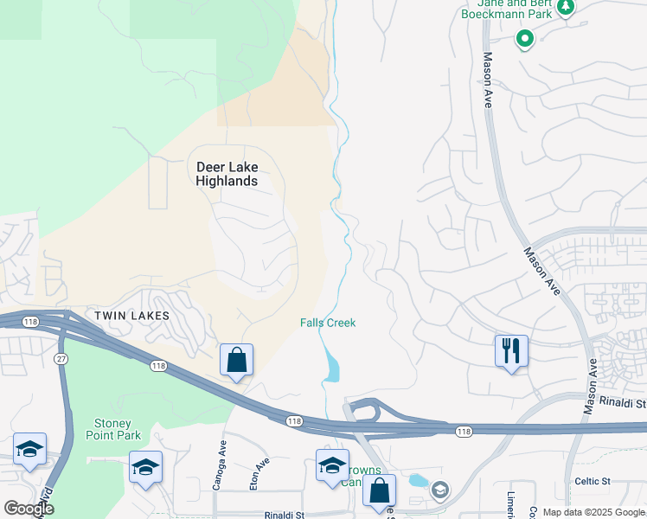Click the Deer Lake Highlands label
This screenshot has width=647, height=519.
point(227,174)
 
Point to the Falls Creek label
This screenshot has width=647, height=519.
point(328,323)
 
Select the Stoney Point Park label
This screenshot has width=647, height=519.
point(112,429)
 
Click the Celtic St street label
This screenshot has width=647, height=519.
point(593,481)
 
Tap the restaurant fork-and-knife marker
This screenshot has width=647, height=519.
point(510,350)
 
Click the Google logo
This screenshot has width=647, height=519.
point(29,508)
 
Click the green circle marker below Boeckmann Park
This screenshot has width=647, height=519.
point(524,38)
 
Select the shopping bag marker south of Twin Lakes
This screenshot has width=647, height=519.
point(236,360)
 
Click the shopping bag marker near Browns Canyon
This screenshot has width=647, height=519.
point(379,490)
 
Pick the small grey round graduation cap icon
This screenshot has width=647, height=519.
point(440,490)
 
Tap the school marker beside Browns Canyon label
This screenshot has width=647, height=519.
point(332,465)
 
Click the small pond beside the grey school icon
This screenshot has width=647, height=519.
point(418,480)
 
